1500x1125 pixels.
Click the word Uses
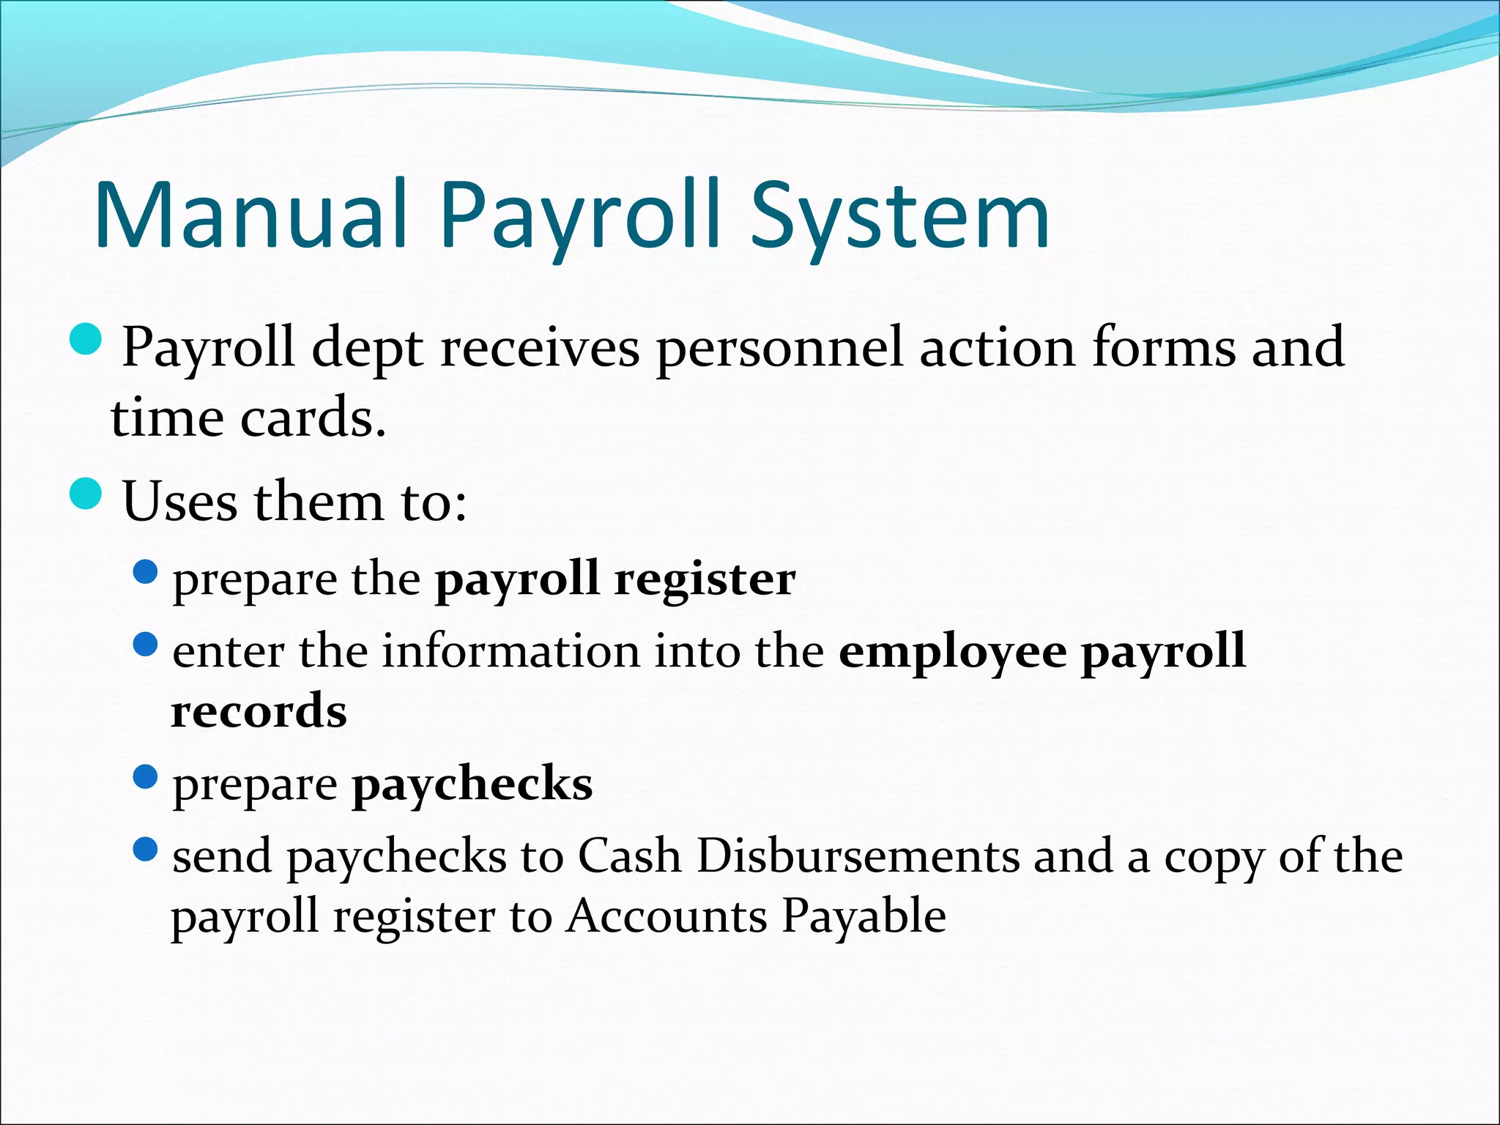[x=179, y=502]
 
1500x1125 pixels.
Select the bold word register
[x=705, y=579]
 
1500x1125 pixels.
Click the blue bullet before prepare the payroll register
[x=146, y=572]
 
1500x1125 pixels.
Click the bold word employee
[x=952, y=650]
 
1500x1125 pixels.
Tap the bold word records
[x=259, y=710]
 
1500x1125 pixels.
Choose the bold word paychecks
[x=472, y=784]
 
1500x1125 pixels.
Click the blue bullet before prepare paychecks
[x=146, y=776]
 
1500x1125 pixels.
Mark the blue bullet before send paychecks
[x=146, y=849]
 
